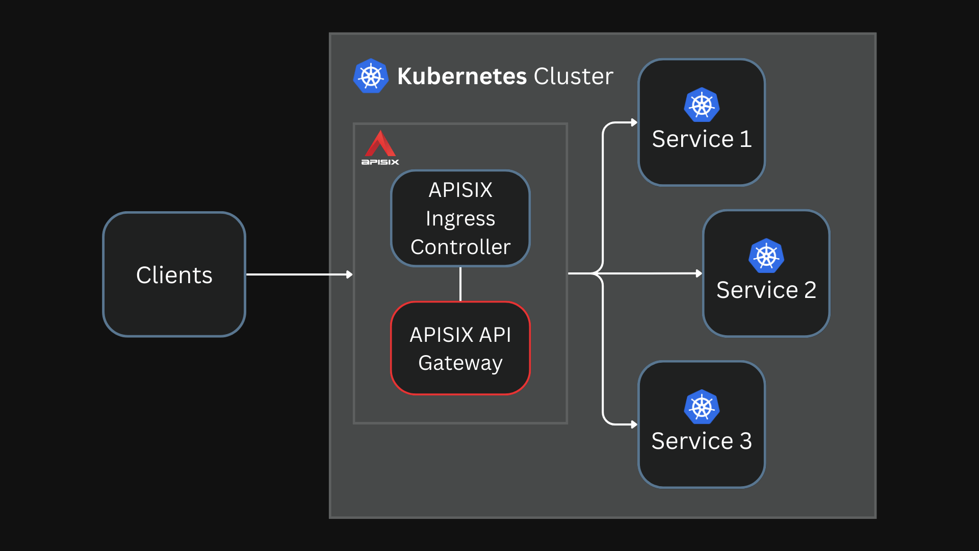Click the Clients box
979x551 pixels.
coord(174,274)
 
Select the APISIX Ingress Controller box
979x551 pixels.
coord(460,218)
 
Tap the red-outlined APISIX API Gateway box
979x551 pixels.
coord(460,348)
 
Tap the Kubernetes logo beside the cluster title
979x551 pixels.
coord(371,76)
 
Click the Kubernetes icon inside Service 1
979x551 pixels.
coord(702,105)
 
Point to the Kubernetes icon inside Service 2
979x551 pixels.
coord(766,256)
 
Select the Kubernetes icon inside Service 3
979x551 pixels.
coord(702,407)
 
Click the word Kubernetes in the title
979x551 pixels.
coord(461,77)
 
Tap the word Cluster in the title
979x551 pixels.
coord(573,77)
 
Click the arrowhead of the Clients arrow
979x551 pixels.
coord(349,274)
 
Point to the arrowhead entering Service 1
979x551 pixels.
coord(634,122)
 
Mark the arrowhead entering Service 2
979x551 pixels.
coord(699,273)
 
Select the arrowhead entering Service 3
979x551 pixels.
coord(634,424)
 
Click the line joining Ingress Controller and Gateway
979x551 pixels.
coord(460,284)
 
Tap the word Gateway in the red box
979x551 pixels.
coord(460,363)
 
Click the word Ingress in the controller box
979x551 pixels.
coord(460,219)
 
